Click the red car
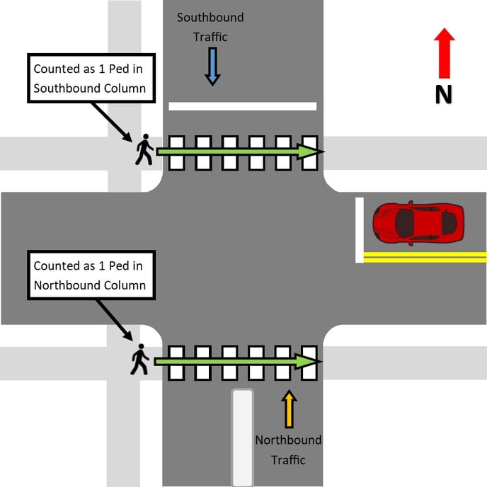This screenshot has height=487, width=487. [x=418, y=223]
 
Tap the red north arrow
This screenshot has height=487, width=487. [x=444, y=53]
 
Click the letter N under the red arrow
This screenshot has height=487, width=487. [x=444, y=93]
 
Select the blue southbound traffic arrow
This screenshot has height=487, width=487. [x=211, y=67]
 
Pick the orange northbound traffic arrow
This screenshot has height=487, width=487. [x=288, y=409]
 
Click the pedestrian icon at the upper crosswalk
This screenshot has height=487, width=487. [x=144, y=149]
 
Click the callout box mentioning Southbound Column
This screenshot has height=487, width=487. [x=89, y=79]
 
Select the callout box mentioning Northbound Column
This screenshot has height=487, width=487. [x=89, y=275]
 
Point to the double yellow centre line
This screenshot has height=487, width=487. [x=425, y=257]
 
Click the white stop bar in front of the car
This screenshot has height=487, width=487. [x=360, y=230]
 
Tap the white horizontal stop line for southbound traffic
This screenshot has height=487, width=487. [x=242, y=106]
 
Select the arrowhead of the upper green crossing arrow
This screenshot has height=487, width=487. [x=311, y=151]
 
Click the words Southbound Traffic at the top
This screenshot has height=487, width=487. [x=210, y=26]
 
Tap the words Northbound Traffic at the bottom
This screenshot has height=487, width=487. [x=288, y=449]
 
